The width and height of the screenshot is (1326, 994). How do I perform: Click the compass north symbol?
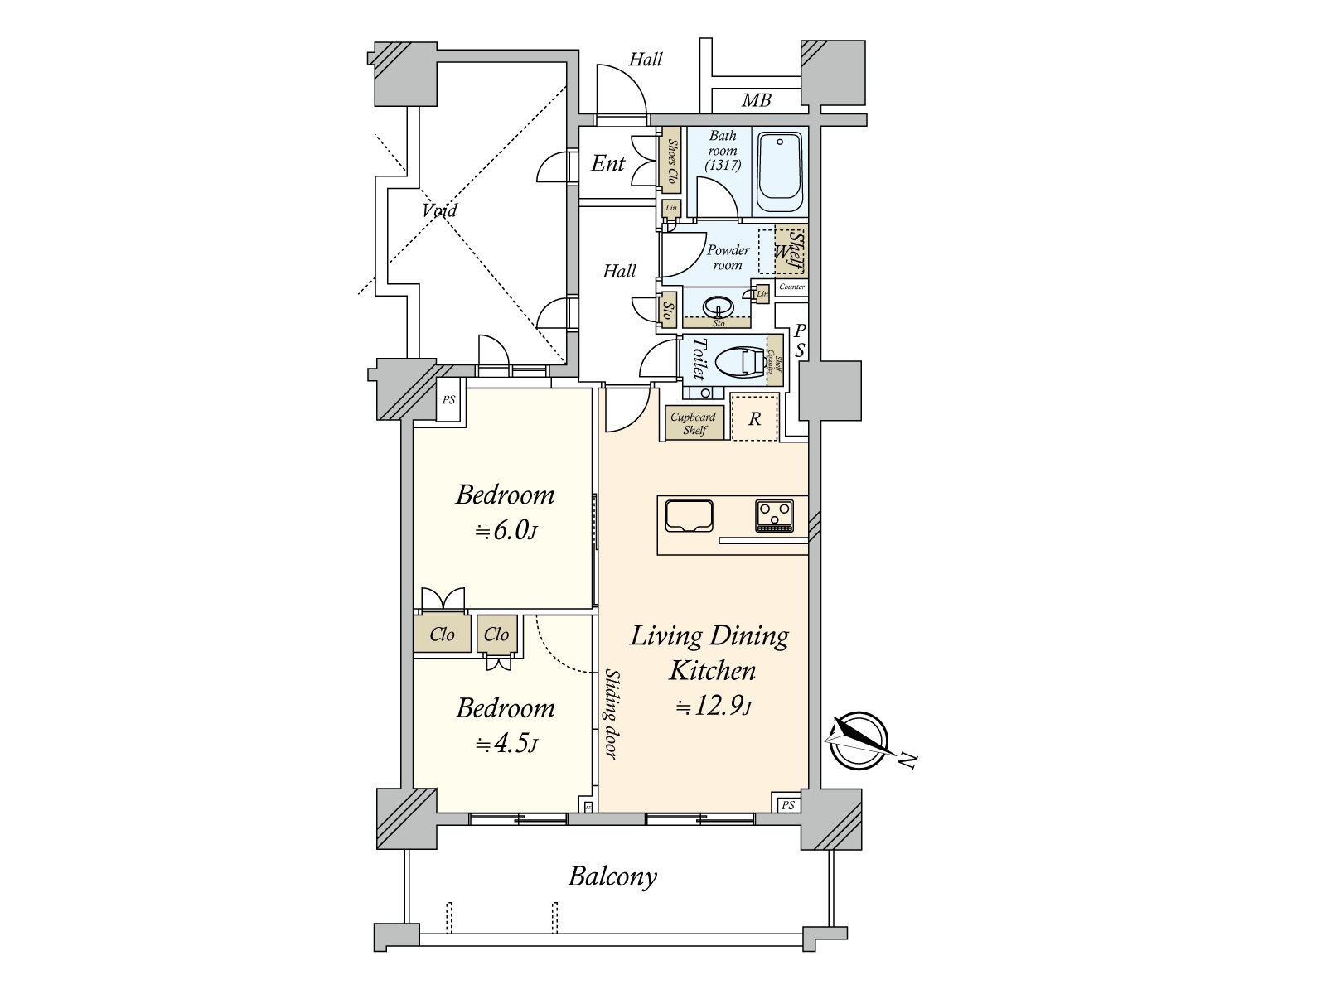[x=857, y=741]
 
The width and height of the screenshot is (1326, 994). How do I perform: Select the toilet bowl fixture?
[x=738, y=362]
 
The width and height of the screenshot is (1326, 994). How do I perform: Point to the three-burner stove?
[x=774, y=515]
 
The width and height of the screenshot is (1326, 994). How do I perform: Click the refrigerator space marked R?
[x=754, y=418]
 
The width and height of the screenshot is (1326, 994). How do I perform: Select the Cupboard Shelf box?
[x=693, y=422]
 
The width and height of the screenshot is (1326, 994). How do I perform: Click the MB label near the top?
[x=756, y=100]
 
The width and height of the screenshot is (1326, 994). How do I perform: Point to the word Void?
[x=438, y=210]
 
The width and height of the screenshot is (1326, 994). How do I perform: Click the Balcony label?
[x=612, y=876]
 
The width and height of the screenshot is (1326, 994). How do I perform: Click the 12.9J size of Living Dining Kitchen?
[x=713, y=707]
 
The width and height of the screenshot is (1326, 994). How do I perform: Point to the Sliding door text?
[x=611, y=713]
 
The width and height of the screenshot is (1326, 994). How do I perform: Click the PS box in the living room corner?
[x=787, y=804]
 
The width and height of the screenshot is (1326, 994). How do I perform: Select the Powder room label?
[x=728, y=257]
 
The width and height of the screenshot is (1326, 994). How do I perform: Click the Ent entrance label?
[x=607, y=164]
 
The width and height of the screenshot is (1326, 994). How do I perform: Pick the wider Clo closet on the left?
[x=442, y=635]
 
